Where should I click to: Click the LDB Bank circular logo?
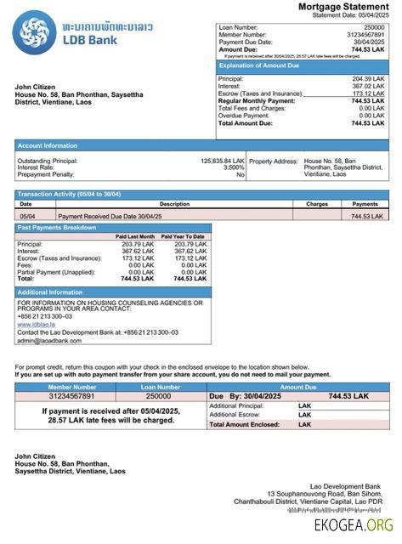[x=34, y=34]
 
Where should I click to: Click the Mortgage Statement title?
[x=343, y=7]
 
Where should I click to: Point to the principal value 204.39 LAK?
[x=367, y=79]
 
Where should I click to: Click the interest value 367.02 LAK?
[x=367, y=86]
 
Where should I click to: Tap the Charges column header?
[x=316, y=204]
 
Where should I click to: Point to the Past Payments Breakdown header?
[x=57, y=228]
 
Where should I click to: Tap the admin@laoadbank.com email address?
[x=49, y=340]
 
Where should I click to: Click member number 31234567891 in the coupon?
[x=72, y=396]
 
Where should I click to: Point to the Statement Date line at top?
[x=350, y=15]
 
